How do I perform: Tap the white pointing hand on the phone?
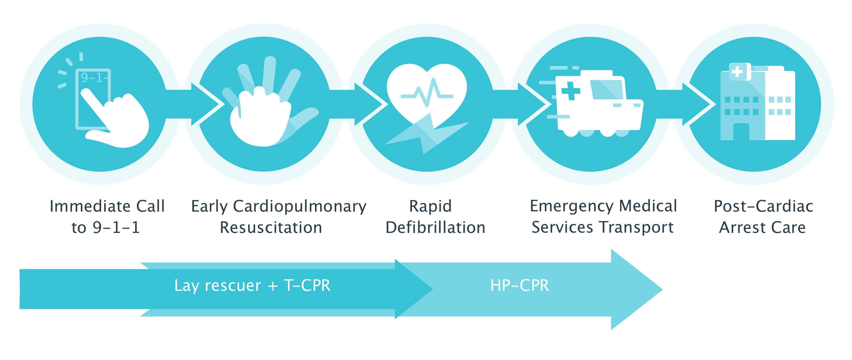coord(116,119)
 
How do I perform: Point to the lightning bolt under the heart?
coord(427,134)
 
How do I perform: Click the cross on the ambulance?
coord(571,90)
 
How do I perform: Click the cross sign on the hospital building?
coord(737,72)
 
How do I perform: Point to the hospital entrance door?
coord(741,132)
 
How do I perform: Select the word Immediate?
coord(91,206)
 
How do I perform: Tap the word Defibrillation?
coord(435,227)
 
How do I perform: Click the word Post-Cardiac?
coord(763,206)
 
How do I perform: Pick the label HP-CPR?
coord(519,285)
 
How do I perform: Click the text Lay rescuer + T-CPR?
coord(252,286)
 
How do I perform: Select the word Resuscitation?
coord(271,227)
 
